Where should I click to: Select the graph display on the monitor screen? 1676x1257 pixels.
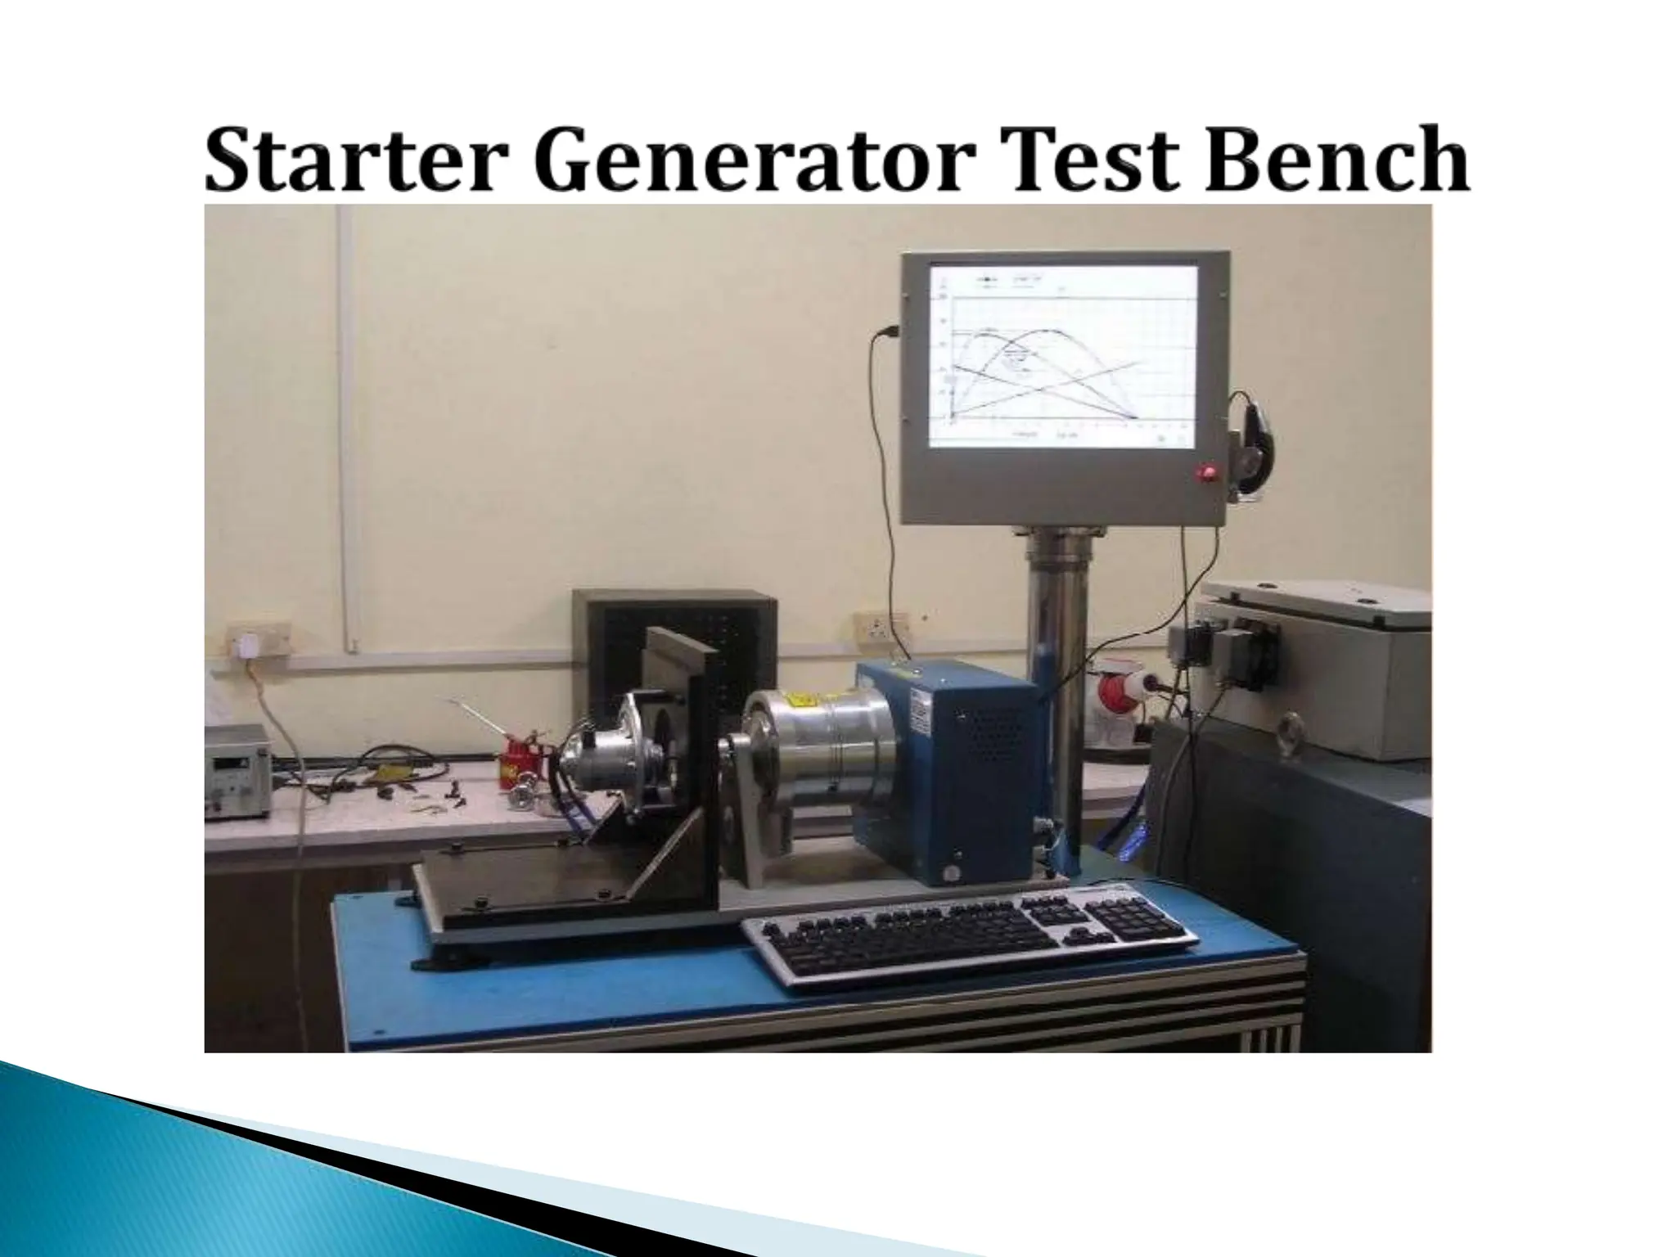[1064, 356]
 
